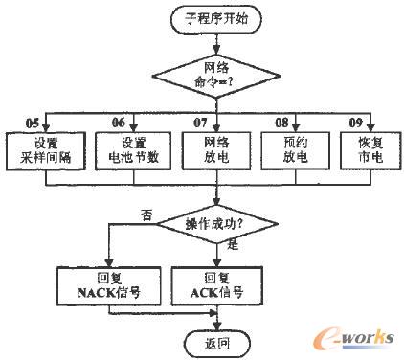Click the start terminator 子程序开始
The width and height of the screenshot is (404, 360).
pyautogui.click(x=217, y=19)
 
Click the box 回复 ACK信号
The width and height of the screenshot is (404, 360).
pyautogui.click(x=217, y=284)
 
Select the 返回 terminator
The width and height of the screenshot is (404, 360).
pyautogui.click(x=217, y=341)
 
